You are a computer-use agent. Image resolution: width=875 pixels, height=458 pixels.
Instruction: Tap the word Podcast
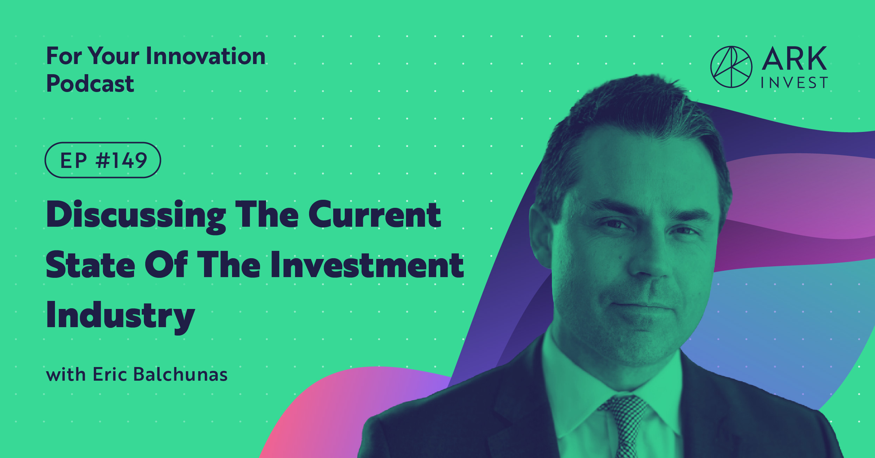(x=90, y=84)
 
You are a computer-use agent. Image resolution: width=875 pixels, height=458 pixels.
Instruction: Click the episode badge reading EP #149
(x=103, y=160)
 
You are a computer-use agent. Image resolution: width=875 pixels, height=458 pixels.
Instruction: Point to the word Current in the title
(x=374, y=215)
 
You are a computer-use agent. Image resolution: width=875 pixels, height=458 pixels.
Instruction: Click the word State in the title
(x=90, y=265)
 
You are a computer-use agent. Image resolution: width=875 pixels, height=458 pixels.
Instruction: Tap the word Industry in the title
(x=120, y=316)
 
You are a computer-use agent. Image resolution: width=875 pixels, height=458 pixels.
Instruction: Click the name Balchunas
(x=181, y=375)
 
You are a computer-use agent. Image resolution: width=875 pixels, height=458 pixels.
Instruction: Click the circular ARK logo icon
(x=731, y=67)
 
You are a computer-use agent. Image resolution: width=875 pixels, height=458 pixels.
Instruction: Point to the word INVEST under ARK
(x=794, y=83)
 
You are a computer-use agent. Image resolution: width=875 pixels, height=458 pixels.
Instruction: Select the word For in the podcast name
(x=64, y=56)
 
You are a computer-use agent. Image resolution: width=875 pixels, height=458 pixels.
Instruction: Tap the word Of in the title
(x=166, y=265)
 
